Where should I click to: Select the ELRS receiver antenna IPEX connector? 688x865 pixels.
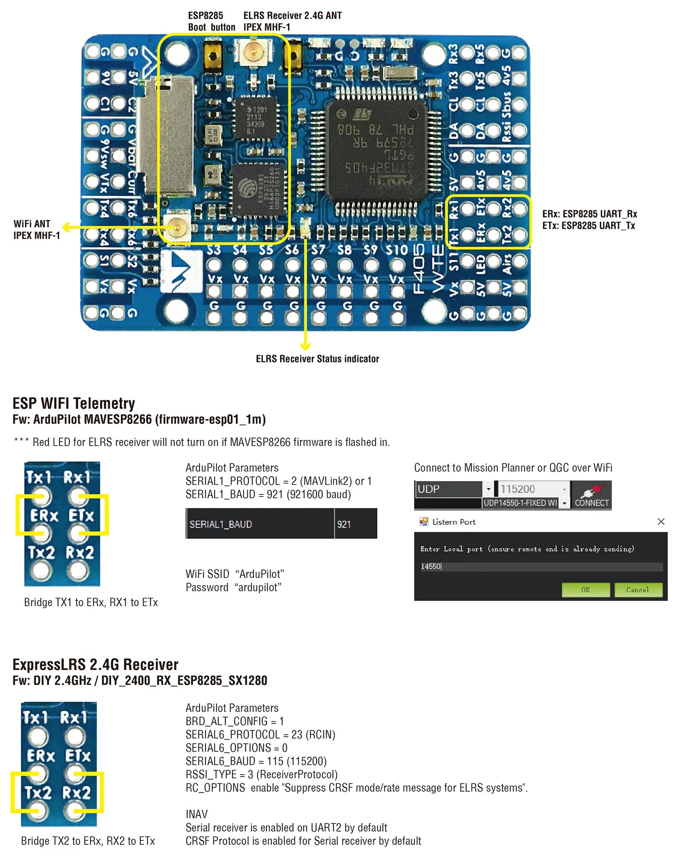(253, 52)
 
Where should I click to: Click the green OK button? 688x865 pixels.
(585, 590)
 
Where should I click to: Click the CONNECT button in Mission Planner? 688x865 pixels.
(592, 495)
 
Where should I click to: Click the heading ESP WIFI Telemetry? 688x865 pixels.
(73, 403)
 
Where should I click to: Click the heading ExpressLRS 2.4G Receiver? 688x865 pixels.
(95, 664)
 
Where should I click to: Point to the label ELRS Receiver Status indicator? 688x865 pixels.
(317, 359)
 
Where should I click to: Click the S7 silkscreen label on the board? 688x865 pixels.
(318, 250)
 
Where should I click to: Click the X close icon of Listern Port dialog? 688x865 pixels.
(661, 521)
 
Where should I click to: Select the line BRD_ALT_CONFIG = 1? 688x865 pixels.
(234, 721)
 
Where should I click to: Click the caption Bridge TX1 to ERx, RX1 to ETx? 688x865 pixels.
(91, 602)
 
